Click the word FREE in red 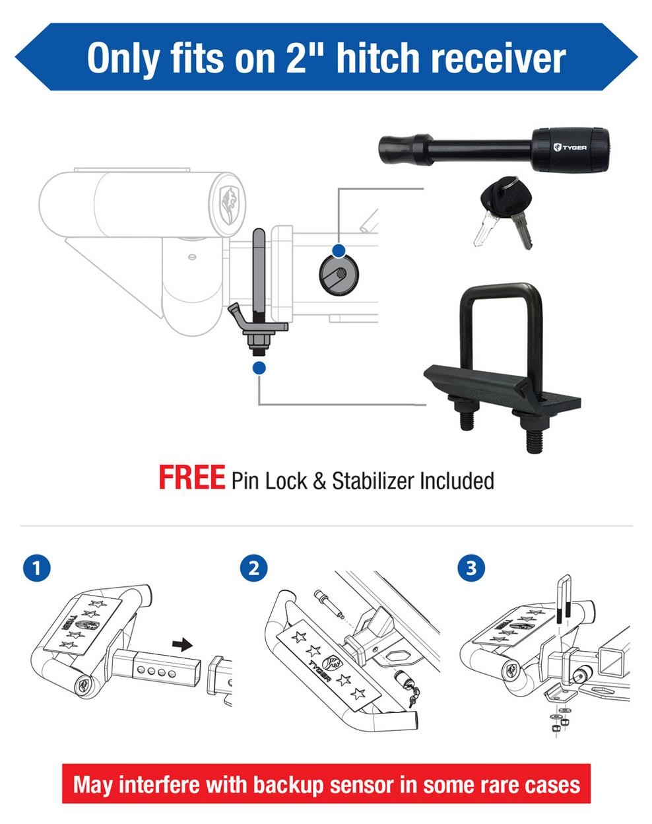(191, 477)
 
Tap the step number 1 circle (36, 567)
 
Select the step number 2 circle (253, 567)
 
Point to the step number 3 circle (471, 567)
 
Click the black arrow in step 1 (181, 642)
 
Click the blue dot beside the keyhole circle (339, 250)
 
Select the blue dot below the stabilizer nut (259, 368)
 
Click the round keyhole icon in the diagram (338, 273)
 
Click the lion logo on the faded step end (230, 198)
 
